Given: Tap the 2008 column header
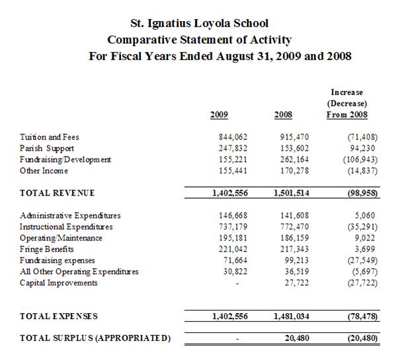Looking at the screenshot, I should [x=283, y=115].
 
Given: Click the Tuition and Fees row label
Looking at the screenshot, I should [x=50, y=137].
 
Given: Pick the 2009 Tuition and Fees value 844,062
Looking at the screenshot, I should [x=232, y=137].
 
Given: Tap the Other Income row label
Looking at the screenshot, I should [x=45, y=171].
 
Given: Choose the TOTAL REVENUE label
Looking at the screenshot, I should [x=58, y=193].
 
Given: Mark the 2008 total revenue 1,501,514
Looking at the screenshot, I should [x=290, y=193].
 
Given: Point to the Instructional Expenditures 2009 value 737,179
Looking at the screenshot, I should [x=232, y=227].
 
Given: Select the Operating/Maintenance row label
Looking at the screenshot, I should [x=61, y=238].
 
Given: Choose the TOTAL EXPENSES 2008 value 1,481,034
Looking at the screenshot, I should [x=290, y=316].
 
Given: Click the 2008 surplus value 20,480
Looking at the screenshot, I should [x=298, y=339].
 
